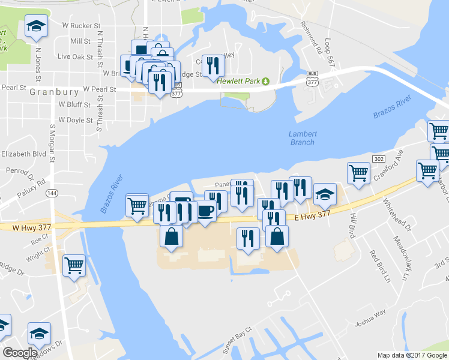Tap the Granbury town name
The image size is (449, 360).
[x=55, y=92]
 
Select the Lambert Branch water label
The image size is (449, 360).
[x=301, y=138]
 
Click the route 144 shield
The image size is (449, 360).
[x=53, y=193]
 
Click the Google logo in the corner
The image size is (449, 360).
[x=20, y=353]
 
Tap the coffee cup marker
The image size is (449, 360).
[x=206, y=212]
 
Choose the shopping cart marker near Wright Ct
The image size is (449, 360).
[x=74, y=264]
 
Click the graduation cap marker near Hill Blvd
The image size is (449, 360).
[x=325, y=194]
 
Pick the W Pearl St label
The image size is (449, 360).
[x=99, y=89]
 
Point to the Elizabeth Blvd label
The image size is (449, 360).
[x=23, y=154]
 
